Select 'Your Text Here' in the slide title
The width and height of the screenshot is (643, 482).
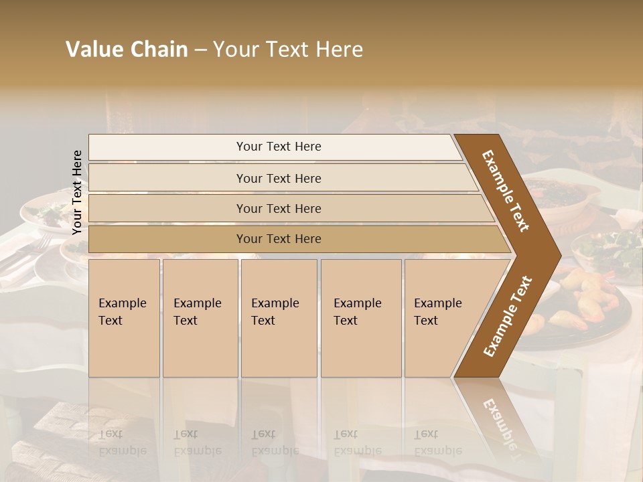[x=288, y=50]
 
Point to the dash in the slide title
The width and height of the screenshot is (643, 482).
[x=200, y=50]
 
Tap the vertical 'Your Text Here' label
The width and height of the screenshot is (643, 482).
[x=77, y=192]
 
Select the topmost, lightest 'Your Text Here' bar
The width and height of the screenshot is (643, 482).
[x=278, y=147]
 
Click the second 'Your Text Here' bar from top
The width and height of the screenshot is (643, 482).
[x=278, y=178]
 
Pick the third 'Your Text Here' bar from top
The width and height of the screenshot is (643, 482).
[x=278, y=208]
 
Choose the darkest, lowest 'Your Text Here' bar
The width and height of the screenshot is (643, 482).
[x=278, y=239]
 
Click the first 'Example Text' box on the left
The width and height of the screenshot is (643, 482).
[x=124, y=318]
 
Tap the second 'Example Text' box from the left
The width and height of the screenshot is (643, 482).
[x=200, y=318]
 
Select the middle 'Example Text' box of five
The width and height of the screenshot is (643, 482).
[x=278, y=318]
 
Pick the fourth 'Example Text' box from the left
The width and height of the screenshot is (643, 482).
[x=360, y=318]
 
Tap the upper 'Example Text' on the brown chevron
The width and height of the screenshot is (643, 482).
[x=506, y=191]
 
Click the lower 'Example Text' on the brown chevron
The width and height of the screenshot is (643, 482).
[x=508, y=316]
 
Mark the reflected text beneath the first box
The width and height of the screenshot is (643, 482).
[x=123, y=442]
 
